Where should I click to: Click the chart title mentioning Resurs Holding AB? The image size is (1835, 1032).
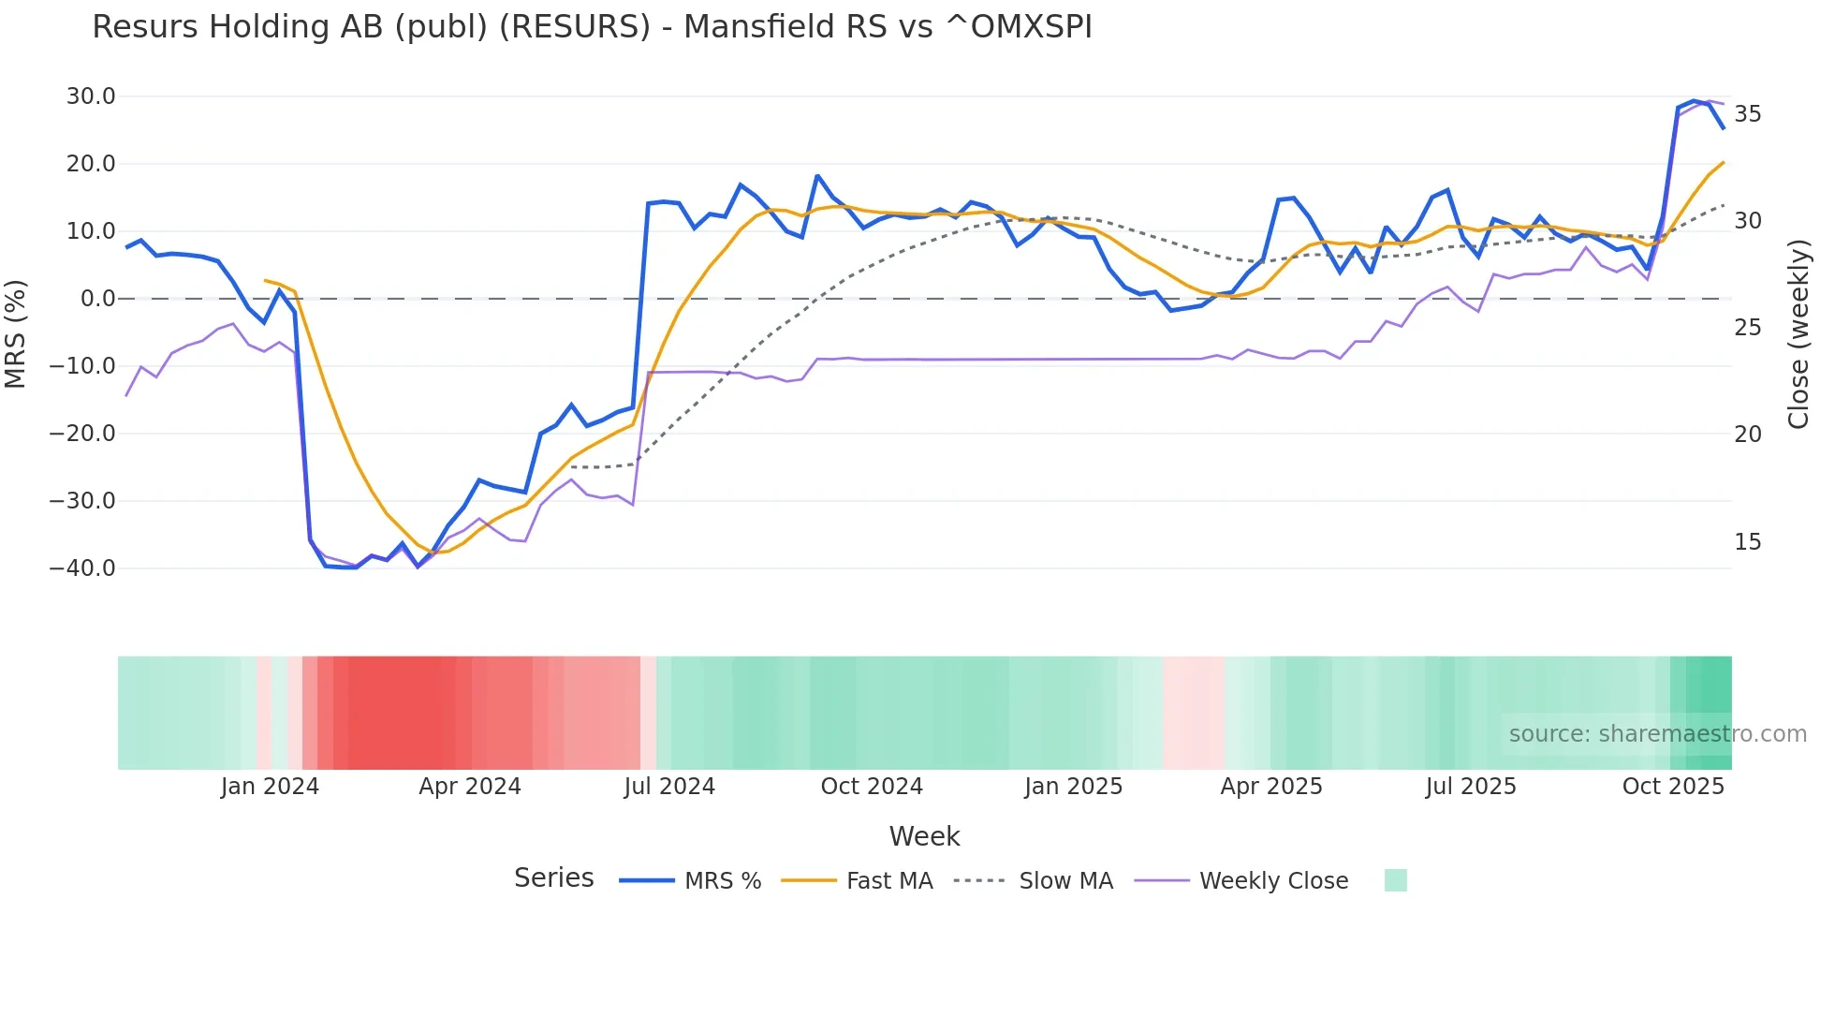point(592,27)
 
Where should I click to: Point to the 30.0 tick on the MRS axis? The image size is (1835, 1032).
point(91,96)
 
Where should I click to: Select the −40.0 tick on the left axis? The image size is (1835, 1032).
point(82,568)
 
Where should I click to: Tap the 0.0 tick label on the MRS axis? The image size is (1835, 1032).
point(97,299)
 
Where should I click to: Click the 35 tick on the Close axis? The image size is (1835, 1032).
point(1747,114)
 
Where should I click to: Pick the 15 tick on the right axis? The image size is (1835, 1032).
point(1747,542)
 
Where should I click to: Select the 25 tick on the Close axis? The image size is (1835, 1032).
point(1747,328)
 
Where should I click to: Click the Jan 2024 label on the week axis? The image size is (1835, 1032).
point(270,787)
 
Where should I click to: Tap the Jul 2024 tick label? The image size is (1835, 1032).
point(669,787)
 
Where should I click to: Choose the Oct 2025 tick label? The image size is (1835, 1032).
point(1673,787)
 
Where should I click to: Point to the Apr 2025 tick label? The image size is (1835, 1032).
point(1271,787)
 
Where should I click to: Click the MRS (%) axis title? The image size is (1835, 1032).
point(16,333)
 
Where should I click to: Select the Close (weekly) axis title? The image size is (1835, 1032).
point(1798,334)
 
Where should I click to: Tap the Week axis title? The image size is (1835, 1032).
point(924,836)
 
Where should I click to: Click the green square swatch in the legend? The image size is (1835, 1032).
point(1395,880)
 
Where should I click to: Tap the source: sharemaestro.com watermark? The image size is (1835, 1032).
point(1657,734)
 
